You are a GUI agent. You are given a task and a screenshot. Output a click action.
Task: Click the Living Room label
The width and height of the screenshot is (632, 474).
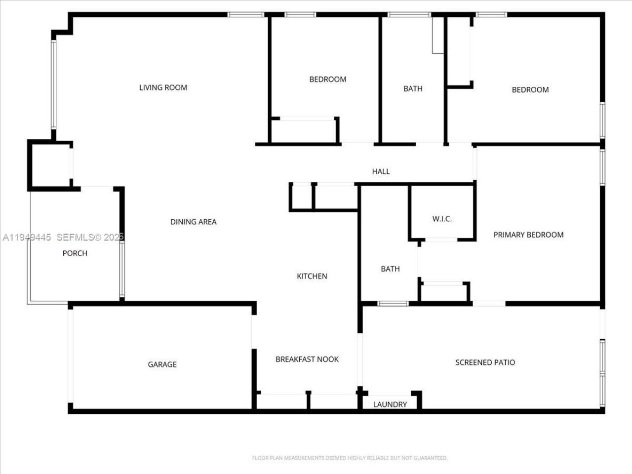(x=163, y=88)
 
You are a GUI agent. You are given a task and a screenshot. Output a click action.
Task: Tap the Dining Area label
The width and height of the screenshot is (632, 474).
(x=193, y=222)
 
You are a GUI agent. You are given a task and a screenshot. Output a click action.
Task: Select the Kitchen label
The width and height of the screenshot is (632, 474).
(x=312, y=276)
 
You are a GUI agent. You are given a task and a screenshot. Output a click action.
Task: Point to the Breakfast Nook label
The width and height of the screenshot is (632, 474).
(x=307, y=359)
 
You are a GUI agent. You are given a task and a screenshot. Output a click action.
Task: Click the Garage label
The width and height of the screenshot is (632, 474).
(x=162, y=364)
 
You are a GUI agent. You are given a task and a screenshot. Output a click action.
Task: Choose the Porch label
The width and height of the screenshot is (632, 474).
(x=75, y=253)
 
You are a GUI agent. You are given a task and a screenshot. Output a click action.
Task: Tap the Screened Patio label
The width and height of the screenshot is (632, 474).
(x=485, y=362)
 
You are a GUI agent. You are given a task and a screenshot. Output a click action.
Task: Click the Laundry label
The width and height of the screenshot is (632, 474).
(x=390, y=404)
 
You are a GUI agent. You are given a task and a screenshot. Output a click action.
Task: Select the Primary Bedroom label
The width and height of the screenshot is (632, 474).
(x=528, y=235)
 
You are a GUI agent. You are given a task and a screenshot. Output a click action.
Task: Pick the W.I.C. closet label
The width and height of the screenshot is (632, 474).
(x=442, y=219)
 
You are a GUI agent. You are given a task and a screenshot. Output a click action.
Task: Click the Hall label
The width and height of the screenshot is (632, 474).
(x=381, y=171)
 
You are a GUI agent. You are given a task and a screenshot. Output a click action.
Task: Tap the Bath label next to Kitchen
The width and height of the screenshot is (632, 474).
(x=390, y=269)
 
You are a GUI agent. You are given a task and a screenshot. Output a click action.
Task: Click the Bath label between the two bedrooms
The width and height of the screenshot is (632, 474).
(x=413, y=89)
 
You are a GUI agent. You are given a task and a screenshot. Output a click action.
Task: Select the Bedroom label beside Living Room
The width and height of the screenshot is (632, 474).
(x=327, y=79)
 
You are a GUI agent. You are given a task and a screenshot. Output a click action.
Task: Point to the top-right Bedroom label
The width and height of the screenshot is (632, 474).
(x=530, y=90)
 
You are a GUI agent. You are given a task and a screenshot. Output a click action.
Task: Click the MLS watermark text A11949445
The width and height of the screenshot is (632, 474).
(x=27, y=237)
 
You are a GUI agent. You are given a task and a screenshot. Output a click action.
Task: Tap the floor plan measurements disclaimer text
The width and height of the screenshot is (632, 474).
(x=350, y=458)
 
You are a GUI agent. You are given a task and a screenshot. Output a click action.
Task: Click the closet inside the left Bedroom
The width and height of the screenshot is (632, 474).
(x=304, y=131)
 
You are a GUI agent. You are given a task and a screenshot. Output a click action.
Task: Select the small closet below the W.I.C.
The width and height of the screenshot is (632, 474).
(x=443, y=292)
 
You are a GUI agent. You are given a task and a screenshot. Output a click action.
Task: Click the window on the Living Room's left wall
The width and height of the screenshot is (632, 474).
(x=53, y=84)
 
